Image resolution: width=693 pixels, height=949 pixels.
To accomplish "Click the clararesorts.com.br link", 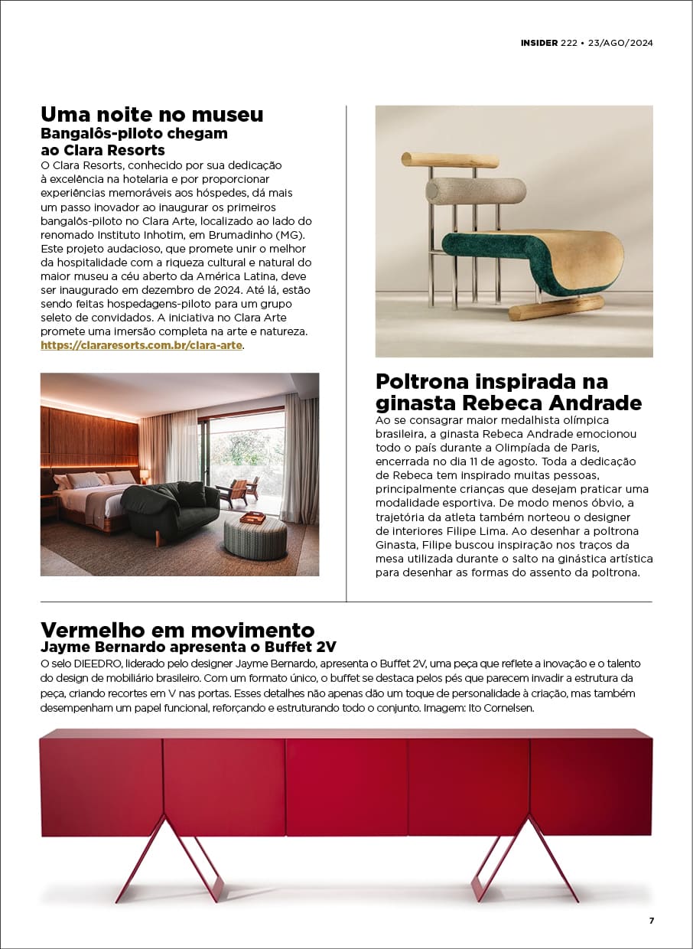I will pyautogui.click(x=142, y=345).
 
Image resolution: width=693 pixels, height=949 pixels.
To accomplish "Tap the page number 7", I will pyautogui.click(x=652, y=921).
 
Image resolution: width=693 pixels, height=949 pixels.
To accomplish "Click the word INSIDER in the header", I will pyautogui.click(x=539, y=43).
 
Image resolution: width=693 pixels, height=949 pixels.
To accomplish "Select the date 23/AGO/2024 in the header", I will pyautogui.click(x=620, y=43).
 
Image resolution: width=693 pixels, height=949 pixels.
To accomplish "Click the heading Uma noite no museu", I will pyautogui.click(x=151, y=115).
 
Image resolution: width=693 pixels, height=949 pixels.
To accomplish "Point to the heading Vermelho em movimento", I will pyautogui.click(x=177, y=630).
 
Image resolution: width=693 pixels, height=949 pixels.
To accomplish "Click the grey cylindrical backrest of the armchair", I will pyautogui.click(x=476, y=190).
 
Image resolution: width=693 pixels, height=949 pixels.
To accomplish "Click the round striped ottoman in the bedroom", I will pyautogui.click(x=255, y=536).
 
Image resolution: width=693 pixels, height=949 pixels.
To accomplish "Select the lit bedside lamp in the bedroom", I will pyautogui.click(x=144, y=475).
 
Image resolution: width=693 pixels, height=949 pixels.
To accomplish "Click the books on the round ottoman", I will pyautogui.click(x=252, y=517).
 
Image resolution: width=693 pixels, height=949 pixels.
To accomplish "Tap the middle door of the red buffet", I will pyautogui.click(x=346, y=786).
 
